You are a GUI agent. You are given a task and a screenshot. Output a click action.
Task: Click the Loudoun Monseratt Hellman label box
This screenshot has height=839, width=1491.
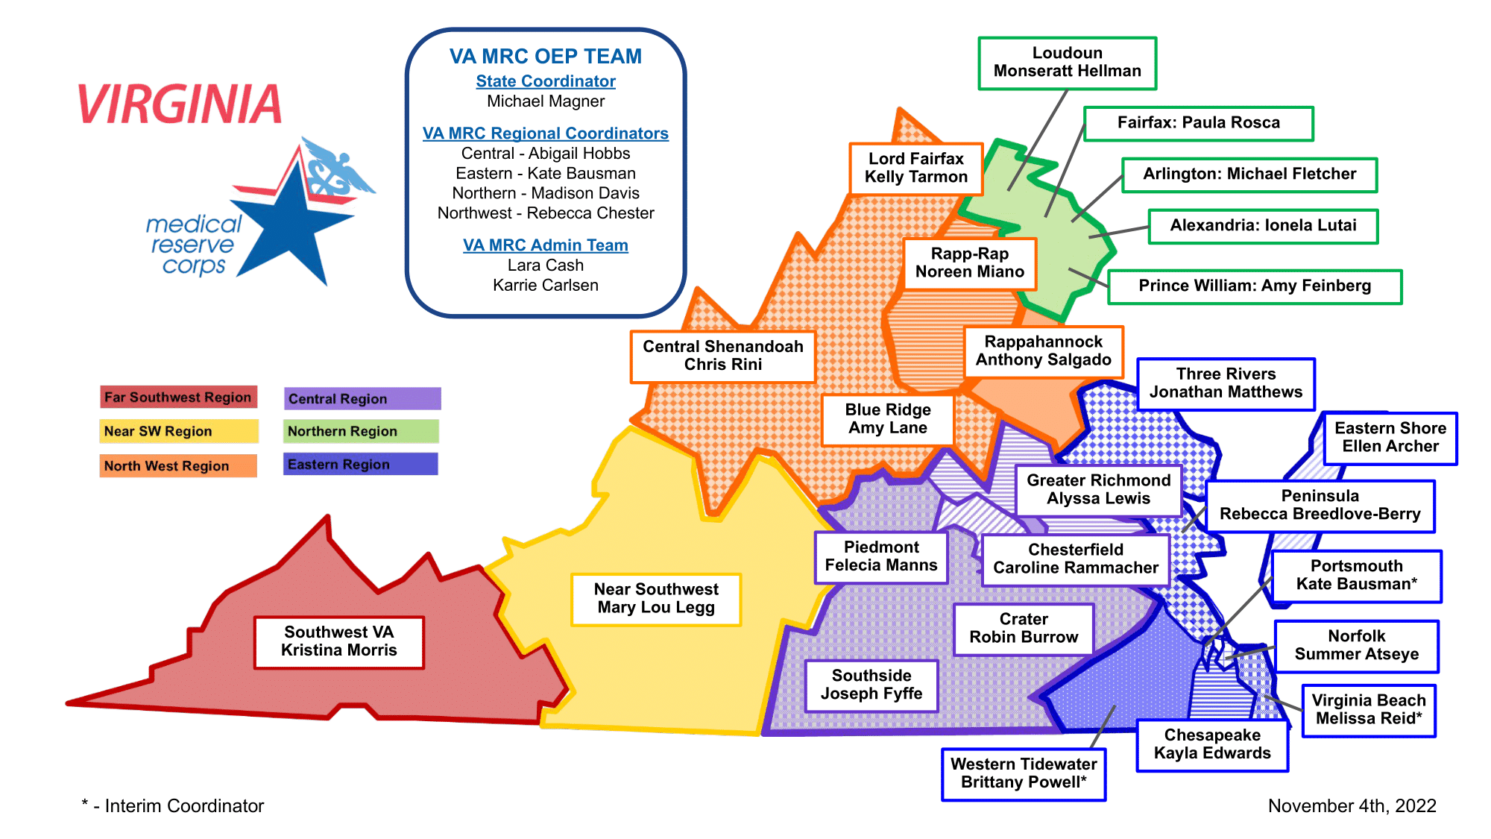click(x=1067, y=63)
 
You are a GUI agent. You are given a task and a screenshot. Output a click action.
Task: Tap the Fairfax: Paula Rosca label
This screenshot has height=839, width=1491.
click(x=1198, y=123)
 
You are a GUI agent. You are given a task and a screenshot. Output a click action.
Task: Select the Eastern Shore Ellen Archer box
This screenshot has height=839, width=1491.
click(x=1390, y=438)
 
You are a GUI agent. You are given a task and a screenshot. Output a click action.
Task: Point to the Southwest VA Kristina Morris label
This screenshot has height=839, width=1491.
click(x=338, y=641)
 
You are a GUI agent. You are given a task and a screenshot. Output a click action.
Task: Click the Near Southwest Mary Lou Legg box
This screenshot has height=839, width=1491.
click(x=656, y=599)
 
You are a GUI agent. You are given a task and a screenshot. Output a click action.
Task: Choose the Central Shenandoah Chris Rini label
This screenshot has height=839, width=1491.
click(x=722, y=356)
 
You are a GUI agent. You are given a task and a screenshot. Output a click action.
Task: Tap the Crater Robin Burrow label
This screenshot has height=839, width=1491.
click(x=1024, y=629)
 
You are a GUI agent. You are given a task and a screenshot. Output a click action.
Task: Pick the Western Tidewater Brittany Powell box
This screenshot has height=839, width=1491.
click(x=1024, y=773)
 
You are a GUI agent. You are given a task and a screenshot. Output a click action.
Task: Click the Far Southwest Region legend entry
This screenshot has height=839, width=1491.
click(x=178, y=397)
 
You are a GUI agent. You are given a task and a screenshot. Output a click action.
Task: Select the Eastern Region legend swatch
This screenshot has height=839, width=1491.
click(x=361, y=465)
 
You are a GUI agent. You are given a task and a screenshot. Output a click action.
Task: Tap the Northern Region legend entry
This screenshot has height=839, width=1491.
click(x=361, y=432)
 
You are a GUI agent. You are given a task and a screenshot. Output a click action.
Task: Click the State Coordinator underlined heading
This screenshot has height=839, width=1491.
click(x=546, y=81)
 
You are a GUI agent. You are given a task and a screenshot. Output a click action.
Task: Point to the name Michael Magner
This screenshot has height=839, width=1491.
click(x=546, y=101)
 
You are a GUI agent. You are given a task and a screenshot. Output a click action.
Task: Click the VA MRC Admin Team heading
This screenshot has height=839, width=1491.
click(x=546, y=245)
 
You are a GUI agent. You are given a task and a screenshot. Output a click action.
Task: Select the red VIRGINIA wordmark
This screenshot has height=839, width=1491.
click(x=180, y=104)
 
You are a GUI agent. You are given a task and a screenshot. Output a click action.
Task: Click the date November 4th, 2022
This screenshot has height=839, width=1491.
click(x=1352, y=806)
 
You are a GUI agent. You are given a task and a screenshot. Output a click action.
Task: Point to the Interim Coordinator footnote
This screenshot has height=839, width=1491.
click(x=173, y=806)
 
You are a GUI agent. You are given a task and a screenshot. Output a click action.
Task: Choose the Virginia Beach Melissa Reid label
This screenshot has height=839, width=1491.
click(x=1369, y=710)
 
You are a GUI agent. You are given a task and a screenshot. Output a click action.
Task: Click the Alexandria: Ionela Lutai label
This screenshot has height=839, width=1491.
click(x=1263, y=226)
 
